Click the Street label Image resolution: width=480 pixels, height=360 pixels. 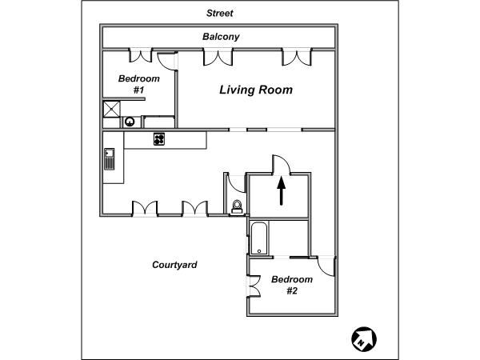click(x=220, y=13)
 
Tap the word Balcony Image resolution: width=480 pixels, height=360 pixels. click(x=221, y=37)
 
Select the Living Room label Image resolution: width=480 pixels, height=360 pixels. click(x=256, y=90)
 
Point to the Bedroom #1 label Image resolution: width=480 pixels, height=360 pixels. click(x=138, y=84)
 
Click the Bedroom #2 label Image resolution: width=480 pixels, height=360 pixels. click(x=292, y=285)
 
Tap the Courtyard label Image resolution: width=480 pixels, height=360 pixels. click(x=174, y=265)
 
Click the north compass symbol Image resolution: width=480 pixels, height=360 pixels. click(x=364, y=339)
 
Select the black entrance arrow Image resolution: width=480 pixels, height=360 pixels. click(x=282, y=191)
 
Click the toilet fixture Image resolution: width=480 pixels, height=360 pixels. click(x=237, y=206)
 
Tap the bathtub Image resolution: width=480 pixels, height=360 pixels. click(x=259, y=238)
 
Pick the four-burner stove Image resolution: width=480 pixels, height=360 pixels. click(x=159, y=139)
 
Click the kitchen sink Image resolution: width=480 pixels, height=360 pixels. click(x=110, y=159)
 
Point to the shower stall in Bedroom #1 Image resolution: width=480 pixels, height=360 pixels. click(x=111, y=109)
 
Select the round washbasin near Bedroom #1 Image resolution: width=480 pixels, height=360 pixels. click(x=130, y=122)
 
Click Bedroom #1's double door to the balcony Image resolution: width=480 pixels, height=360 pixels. click(x=140, y=55)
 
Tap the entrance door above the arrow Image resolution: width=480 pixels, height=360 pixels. click(x=282, y=165)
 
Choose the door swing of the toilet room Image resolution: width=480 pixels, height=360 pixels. click(x=237, y=184)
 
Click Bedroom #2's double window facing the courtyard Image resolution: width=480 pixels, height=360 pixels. click(x=254, y=286)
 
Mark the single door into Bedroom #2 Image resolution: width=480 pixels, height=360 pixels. click(x=326, y=266)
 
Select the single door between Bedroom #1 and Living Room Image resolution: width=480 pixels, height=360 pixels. click(x=167, y=62)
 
